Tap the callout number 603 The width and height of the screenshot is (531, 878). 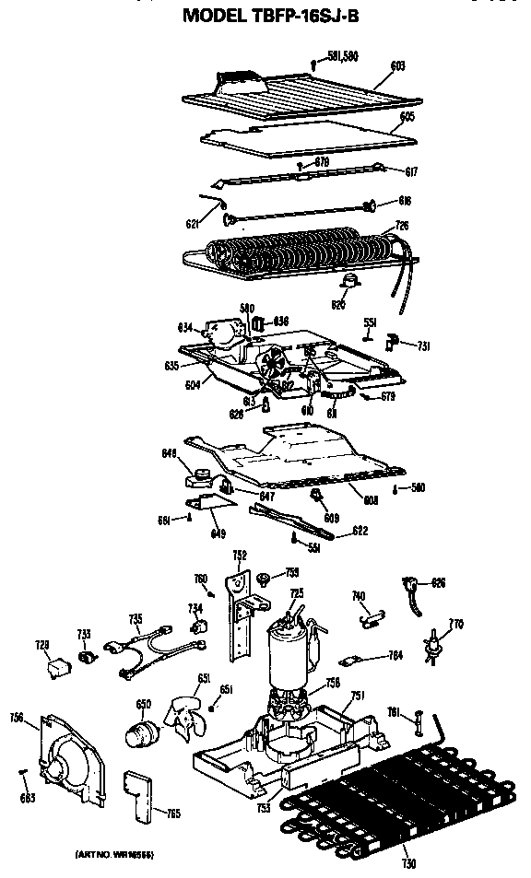click(397, 66)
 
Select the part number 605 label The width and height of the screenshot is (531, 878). click(406, 117)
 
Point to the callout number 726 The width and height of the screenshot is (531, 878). click(402, 225)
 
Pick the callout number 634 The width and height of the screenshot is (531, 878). click(184, 326)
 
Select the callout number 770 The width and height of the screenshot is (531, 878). click(454, 624)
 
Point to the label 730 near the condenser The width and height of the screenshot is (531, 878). click(408, 863)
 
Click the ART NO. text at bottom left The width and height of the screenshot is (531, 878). click(112, 856)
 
